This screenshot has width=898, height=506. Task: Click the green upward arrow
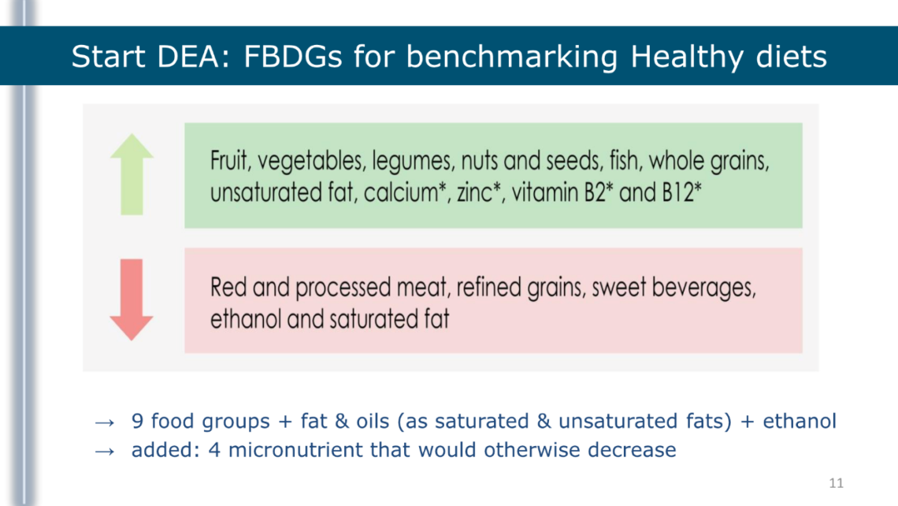(x=132, y=175)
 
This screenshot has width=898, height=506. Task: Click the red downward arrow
(x=132, y=300)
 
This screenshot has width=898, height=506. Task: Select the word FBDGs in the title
(x=293, y=57)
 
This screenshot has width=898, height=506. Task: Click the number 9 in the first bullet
(x=137, y=421)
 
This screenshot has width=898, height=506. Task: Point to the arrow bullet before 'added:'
(x=105, y=452)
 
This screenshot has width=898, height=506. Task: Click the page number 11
(x=836, y=483)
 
